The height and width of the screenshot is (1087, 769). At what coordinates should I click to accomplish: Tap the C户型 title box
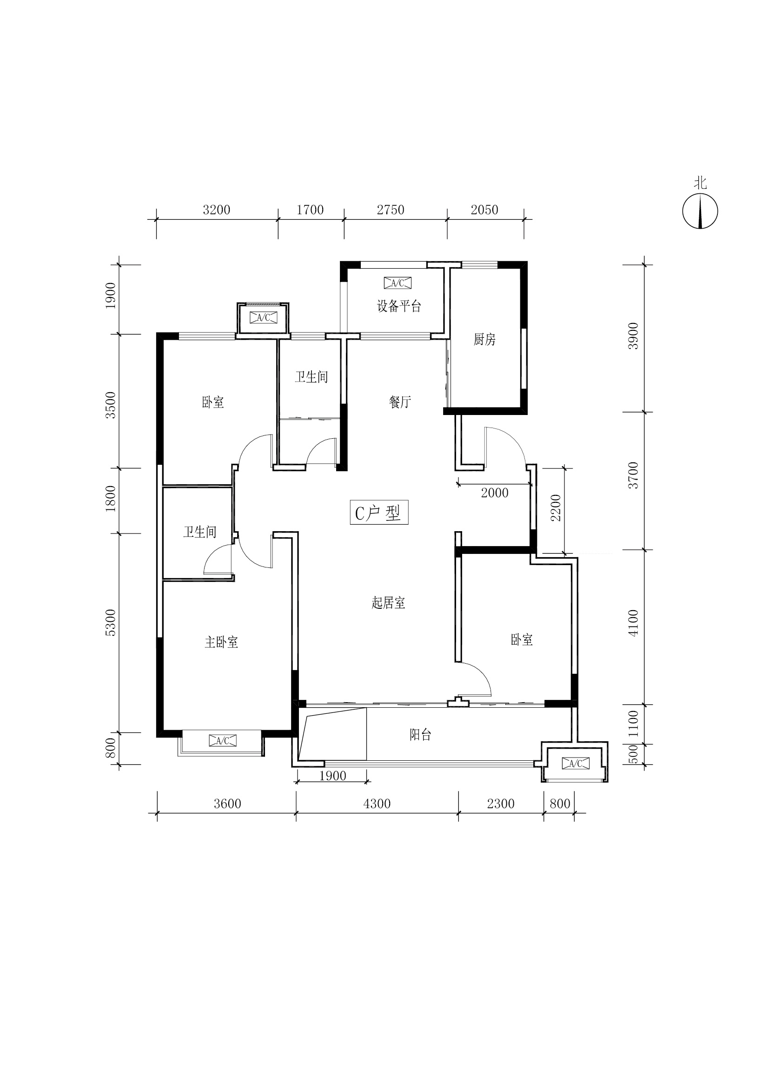tap(379, 512)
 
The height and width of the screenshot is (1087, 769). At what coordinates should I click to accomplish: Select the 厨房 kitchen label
tap(484, 339)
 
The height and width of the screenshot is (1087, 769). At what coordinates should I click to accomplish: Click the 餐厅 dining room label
tap(400, 402)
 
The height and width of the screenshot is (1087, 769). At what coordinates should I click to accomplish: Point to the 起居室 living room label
tap(388, 603)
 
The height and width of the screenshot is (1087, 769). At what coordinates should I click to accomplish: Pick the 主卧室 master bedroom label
tap(221, 642)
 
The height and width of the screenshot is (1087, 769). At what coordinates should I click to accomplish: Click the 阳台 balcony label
tap(420, 734)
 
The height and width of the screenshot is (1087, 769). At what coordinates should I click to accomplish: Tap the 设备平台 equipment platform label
tap(399, 306)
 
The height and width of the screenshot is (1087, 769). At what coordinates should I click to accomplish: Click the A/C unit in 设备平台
tap(398, 283)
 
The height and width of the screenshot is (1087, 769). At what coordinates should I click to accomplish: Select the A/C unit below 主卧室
tap(223, 741)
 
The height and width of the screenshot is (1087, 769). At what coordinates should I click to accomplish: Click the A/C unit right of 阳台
tap(575, 763)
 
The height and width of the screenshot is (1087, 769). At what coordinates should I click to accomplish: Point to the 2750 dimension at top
tap(391, 210)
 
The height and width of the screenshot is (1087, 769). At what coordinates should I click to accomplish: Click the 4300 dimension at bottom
tap(377, 804)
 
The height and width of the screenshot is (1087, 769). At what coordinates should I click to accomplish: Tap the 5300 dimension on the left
tap(110, 623)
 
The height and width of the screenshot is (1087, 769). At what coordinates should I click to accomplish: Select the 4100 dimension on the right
tap(633, 623)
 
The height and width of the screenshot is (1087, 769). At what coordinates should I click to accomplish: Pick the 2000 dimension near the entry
tap(495, 493)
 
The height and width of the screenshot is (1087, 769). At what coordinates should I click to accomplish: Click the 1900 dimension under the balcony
tap(332, 776)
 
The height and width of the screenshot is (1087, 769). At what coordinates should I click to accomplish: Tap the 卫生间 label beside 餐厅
tap(311, 377)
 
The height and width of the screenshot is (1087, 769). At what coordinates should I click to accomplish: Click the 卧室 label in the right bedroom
tap(522, 639)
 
